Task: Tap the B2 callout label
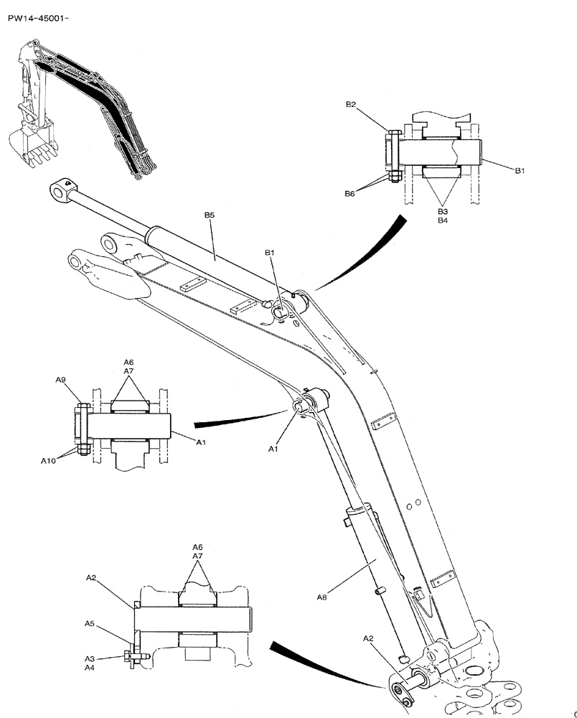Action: click(x=351, y=105)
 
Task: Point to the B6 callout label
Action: click(x=350, y=194)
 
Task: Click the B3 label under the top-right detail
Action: click(x=443, y=212)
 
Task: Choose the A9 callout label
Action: click(x=61, y=381)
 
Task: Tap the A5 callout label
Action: click(x=90, y=624)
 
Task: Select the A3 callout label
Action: click(x=90, y=658)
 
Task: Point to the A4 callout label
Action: click(x=90, y=668)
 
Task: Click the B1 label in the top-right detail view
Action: click(x=520, y=171)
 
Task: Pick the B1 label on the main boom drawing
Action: click(x=270, y=253)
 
